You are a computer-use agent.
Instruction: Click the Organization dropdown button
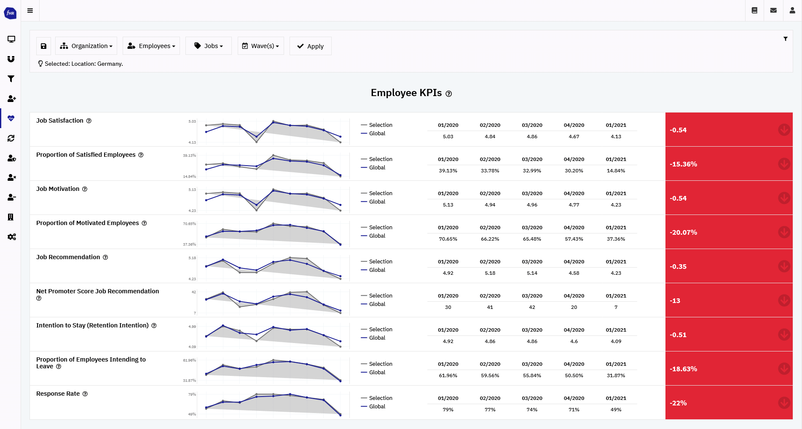(86, 46)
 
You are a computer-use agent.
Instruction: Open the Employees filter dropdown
(151, 46)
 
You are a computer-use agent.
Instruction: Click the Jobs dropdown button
(209, 46)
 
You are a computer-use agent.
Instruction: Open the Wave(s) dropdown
(260, 46)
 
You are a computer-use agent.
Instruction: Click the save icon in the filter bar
(43, 46)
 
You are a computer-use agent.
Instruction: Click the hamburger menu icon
(30, 11)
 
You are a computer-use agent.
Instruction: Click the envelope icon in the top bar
(773, 11)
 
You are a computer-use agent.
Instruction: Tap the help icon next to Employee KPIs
(449, 94)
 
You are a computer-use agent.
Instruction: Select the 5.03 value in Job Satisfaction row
(448, 137)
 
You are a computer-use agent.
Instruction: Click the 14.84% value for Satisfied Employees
(616, 171)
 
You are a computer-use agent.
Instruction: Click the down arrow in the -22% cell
(784, 403)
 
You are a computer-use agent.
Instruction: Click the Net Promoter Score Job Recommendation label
(97, 291)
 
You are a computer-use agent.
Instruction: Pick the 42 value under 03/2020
(532, 307)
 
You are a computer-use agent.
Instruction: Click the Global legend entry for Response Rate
(377, 406)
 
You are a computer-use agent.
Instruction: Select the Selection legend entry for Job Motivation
(380, 193)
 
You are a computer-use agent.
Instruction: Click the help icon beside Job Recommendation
(105, 257)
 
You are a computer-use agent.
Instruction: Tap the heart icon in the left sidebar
(11, 118)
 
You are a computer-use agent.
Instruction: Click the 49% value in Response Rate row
(616, 410)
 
